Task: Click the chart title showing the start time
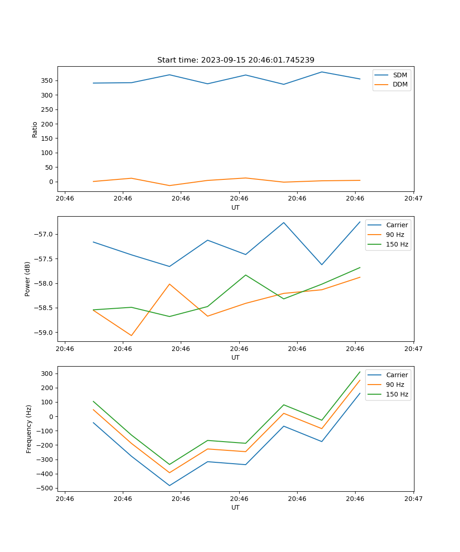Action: [236, 60]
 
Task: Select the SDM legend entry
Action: [400, 75]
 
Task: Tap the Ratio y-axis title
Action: [34, 129]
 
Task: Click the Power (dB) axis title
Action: [28, 279]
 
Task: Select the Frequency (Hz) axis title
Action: [29, 429]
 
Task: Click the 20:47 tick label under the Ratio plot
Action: [414, 199]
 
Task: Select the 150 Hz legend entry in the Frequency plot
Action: [397, 394]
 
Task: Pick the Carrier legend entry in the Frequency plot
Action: [397, 375]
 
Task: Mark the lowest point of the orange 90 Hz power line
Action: [132, 335]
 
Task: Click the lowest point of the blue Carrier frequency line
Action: [169, 485]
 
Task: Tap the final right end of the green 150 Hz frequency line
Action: [360, 372]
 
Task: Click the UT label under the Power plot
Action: [236, 357]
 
